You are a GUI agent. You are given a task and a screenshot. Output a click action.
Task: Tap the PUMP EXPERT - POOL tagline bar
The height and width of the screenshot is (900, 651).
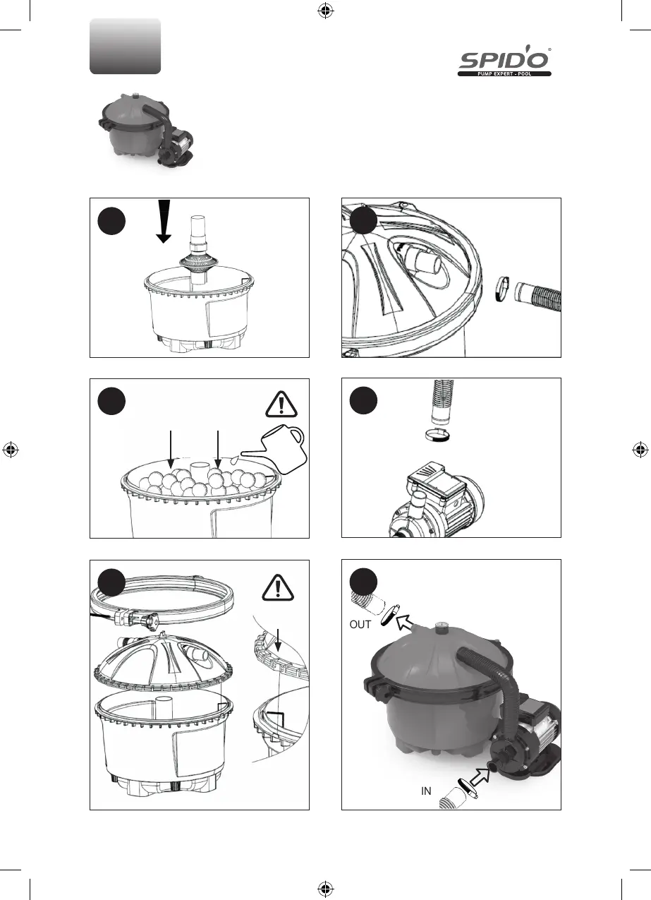click(x=504, y=73)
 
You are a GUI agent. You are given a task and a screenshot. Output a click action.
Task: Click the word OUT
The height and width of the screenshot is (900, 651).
click(x=360, y=625)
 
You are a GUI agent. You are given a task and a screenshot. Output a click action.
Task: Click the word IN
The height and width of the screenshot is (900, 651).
click(x=426, y=791)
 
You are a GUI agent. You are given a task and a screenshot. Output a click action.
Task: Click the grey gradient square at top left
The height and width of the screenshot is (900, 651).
click(x=125, y=46)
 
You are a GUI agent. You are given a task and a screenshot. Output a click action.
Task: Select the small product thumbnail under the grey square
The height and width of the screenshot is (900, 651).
click(x=142, y=131)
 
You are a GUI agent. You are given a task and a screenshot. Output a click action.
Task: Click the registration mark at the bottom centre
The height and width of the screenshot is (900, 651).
click(x=325, y=889)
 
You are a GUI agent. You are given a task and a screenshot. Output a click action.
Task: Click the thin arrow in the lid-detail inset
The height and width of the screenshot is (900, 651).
click(x=280, y=639)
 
